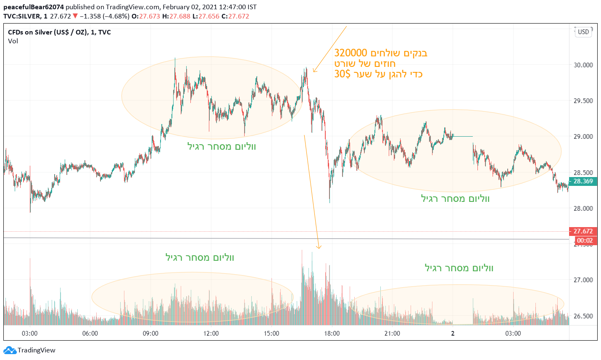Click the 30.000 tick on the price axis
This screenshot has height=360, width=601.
pos(583,65)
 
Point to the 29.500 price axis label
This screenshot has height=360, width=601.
pos(583,101)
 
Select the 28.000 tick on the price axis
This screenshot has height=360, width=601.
pos(583,208)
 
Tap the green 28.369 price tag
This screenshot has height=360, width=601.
pos(583,181)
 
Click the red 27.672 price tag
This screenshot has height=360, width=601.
pos(583,231)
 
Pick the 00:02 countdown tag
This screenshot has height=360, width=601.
pos(585,241)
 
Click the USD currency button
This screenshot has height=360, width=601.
pos(583,32)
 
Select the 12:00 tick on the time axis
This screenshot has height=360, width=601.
pos(211,334)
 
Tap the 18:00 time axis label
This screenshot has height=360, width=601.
pos(332,334)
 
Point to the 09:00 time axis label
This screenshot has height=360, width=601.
pos(150,334)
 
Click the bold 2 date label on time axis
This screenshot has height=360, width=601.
pos(453,334)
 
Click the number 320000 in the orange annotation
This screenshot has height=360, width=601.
pos(351,53)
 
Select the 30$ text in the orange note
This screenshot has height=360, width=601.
pos(342,74)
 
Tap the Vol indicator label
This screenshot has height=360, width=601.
pos(13,41)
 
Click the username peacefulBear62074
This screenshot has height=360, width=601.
pos(34,7)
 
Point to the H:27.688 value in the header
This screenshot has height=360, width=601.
pos(176,16)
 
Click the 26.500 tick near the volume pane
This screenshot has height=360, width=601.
pos(583,316)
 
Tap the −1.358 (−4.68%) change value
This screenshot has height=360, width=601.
pos(104,16)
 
